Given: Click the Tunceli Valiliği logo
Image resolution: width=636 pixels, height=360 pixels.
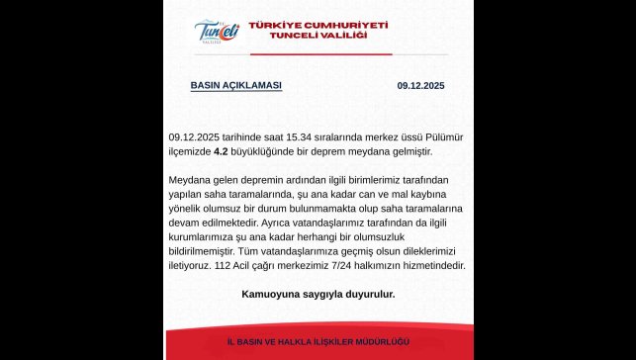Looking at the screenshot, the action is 218,32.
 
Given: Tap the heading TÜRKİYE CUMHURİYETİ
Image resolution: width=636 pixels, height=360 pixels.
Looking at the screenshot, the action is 318,24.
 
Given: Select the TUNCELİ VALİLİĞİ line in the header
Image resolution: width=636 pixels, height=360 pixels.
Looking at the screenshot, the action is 318,37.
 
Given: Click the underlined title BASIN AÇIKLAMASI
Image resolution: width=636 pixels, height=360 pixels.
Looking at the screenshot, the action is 235,86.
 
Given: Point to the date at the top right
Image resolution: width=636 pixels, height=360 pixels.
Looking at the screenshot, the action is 420,86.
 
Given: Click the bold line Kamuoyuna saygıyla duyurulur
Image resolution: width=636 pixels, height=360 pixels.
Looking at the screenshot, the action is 318,295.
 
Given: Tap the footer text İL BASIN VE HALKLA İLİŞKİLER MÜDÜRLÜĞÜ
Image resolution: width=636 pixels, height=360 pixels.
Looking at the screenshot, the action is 318,341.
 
